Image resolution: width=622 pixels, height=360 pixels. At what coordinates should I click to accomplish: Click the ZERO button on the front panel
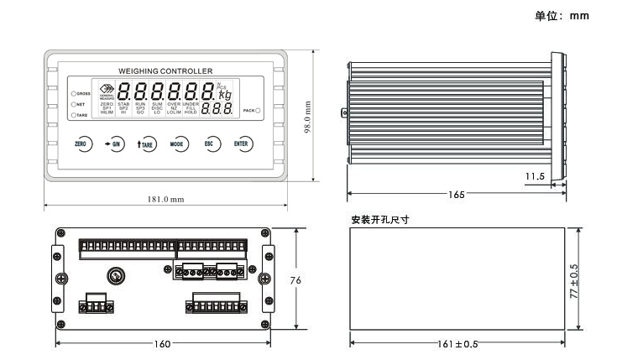click(81, 144)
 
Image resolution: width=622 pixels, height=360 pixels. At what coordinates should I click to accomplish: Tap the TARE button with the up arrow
click(145, 144)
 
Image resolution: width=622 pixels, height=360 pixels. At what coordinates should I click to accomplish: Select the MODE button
click(178, 144)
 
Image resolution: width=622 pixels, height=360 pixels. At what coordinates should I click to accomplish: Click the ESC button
click(210, 144)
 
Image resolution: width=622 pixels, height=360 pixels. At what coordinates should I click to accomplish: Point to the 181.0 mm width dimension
click(165, 200)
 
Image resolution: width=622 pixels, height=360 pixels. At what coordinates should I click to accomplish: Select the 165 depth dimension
click(456, 195)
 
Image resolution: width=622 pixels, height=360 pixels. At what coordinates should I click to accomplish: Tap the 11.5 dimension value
click(535, 176)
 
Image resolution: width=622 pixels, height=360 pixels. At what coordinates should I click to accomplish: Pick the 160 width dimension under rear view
click(163, 343)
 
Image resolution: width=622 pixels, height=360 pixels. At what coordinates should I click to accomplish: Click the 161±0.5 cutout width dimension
click(458, 343)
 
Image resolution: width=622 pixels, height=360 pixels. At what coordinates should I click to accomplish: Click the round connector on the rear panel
click(115, 275)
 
